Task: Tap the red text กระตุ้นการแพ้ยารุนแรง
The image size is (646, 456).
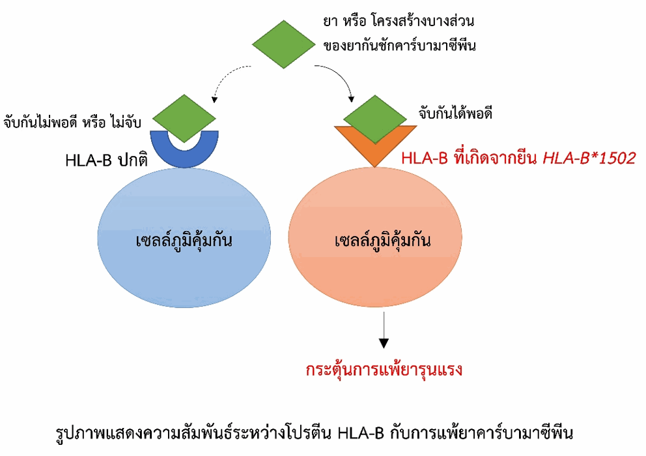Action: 384,370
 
